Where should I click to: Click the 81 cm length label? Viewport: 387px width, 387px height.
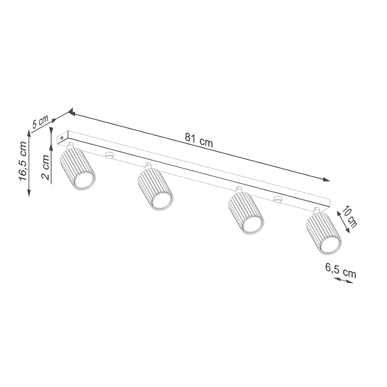click(x=199, y=140)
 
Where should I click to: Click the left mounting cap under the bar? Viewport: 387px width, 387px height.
click(x=109, y=155)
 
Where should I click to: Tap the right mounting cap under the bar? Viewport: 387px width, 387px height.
click(x=276, y=199)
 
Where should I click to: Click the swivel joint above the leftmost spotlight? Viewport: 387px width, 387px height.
click(x=70, y=145)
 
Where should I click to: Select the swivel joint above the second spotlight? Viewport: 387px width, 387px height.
click(x=148, y=166)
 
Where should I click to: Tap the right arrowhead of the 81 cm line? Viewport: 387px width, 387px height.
click(x=327, y=179)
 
